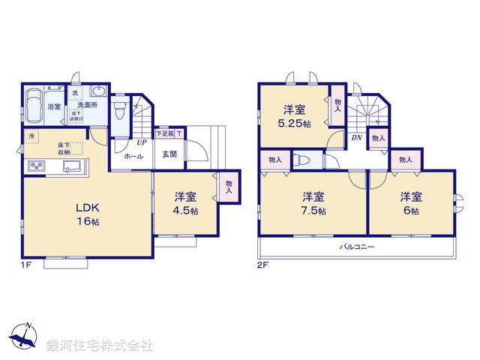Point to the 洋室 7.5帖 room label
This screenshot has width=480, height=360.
[x=313, y=204]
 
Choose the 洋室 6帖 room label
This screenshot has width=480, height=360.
[x=410, y=204]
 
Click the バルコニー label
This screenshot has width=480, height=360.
[x=356, y=246]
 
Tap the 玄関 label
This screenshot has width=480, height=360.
[x=169, y=154]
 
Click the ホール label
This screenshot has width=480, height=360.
[x=134, y=157]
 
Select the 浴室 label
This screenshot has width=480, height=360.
[x=55, y=107]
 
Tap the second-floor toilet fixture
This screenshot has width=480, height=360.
[x=301, y=160]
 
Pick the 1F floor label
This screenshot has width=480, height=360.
[x=25, y=265]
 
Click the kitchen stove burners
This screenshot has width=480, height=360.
[x=36, y=166]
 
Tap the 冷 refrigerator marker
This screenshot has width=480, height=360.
[x=31, y=136]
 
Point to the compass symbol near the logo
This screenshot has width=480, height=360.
[x=25, y=337]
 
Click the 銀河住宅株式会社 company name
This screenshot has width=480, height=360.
[x=100, y=346]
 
